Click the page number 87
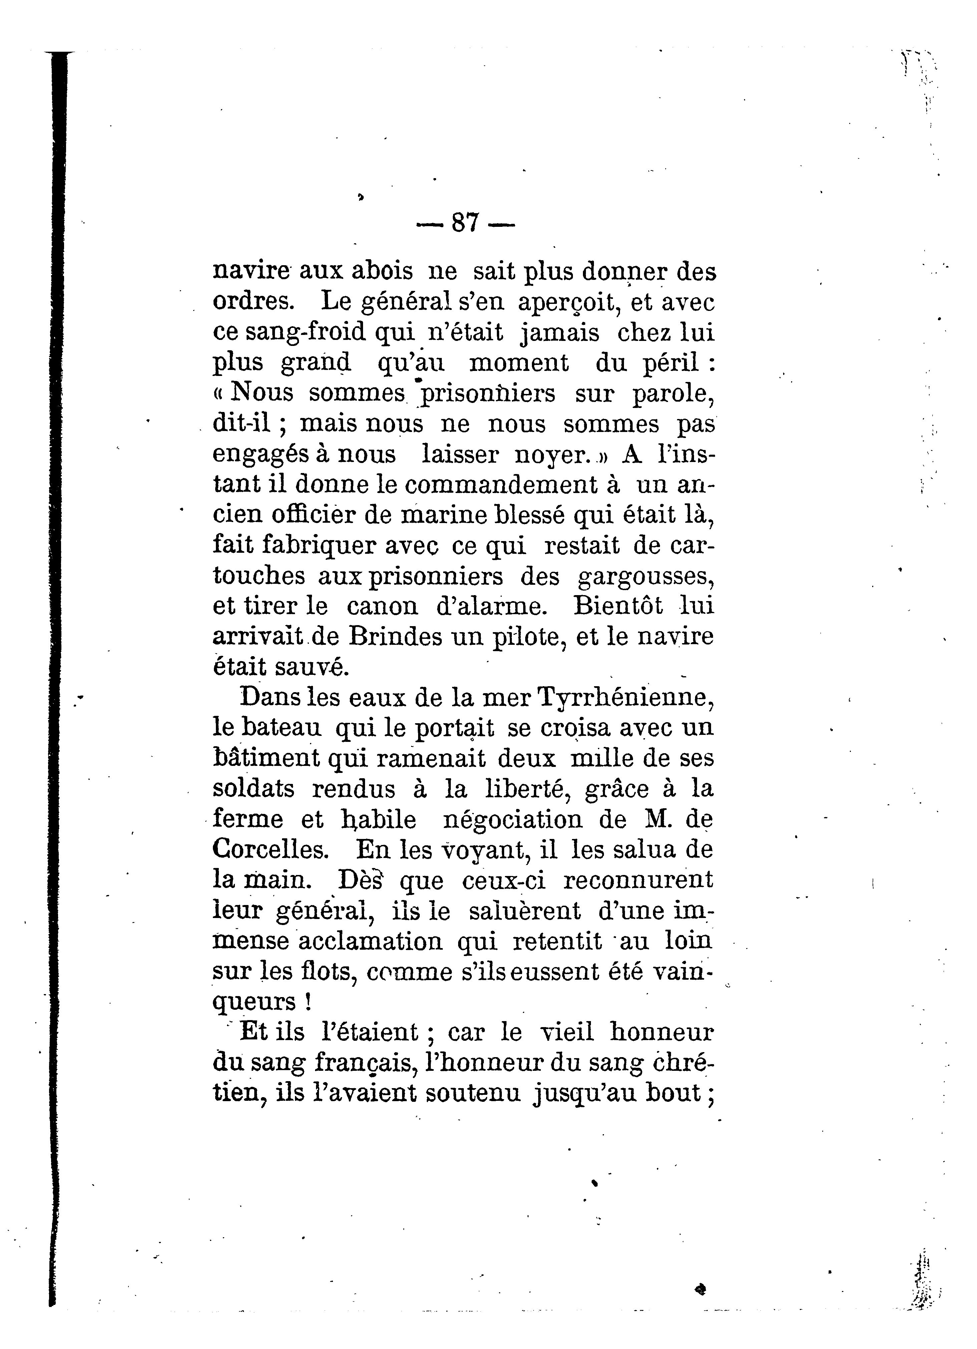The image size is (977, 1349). pos(465,223)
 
